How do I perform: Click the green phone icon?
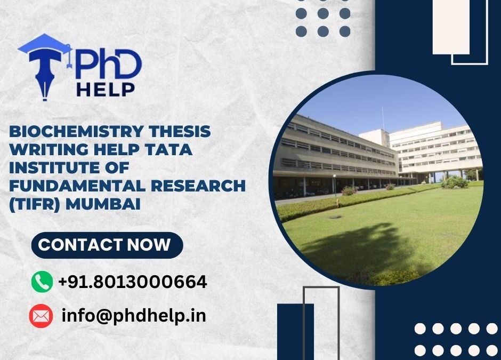pyautogui.click(x=42, y=281)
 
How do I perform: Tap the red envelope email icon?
pyautogui.click(x=41, y=316)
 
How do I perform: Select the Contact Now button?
pyautogui.click(x=105, y=245)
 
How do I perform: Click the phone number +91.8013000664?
pyautogui.click(x=132, y=282)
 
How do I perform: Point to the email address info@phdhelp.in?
pyautogui.click(x=134, y=316)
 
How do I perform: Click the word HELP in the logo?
pyautogui.click(x=106, y=89)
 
